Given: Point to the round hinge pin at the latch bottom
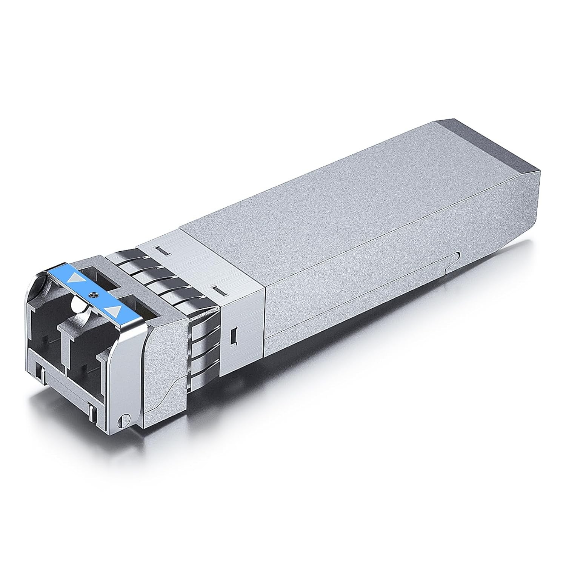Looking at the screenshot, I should coord(122,421).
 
